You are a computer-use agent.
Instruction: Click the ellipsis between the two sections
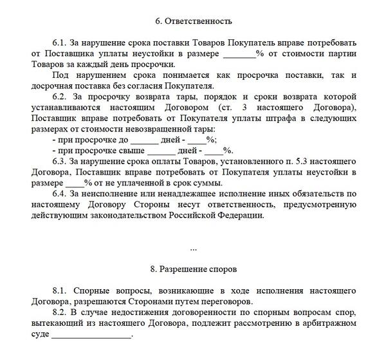pyautogui.click(x=194, y=247)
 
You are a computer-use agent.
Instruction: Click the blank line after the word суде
pyautogui.click(x=91, y=335)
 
